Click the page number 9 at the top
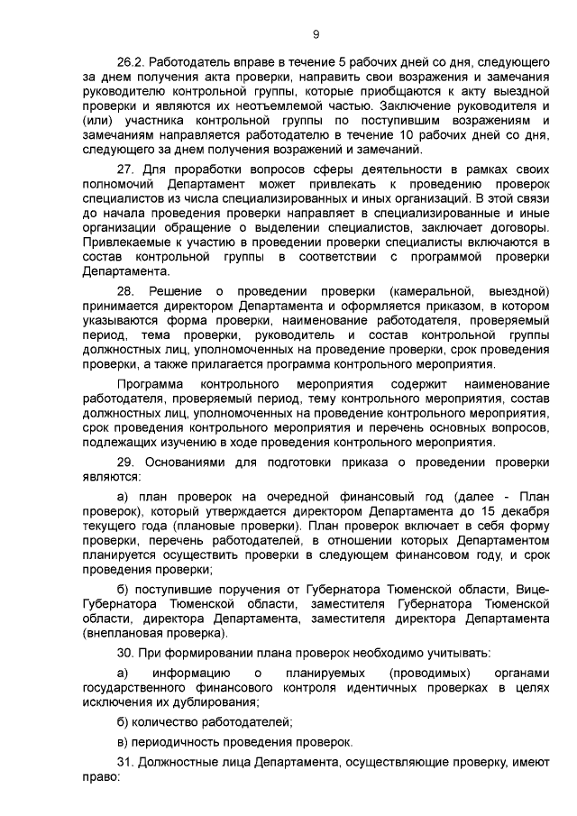316,34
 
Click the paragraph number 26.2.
132,63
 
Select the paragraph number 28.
126,291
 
